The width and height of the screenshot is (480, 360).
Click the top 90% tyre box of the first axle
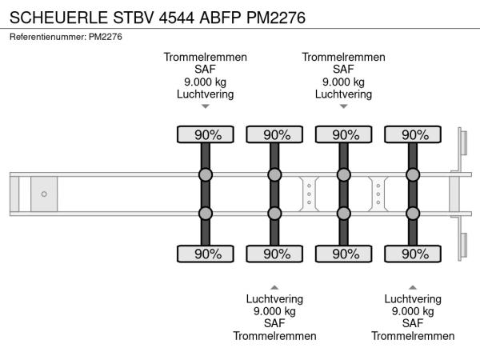click(x=206, y=134)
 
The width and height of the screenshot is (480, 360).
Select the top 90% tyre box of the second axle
click(x=274, y=134)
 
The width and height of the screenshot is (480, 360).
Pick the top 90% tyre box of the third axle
click(x=344, y=134)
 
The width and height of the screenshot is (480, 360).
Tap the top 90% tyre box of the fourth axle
click(x=413, y=134)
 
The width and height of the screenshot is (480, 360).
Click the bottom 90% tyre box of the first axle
click(x=206, y=254)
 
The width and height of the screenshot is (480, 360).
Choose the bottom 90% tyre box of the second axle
click(x=274, y=254)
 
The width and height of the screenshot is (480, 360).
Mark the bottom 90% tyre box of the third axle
click(x=344, y=254)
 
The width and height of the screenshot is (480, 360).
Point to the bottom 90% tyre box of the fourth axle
click(x=413, y=254)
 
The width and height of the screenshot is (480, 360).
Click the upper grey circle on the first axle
click(x=206, y=175)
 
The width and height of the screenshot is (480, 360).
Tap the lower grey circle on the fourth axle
click(x=413, y=213)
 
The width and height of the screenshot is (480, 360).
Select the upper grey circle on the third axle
click(x=344, y=175)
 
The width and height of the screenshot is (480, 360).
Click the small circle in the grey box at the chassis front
click(x=44, y=194)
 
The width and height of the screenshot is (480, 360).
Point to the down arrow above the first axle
click(x=206, y=106)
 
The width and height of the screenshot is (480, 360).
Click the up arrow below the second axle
click(x=274, y=286)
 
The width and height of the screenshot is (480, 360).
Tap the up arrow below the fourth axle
click(x=413, y=286)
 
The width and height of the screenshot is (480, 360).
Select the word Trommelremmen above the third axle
click(x=344, y=57)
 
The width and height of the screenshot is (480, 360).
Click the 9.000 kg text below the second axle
click(x=274, y=311)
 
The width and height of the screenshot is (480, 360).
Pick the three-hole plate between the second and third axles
click(x=309, y=194)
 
